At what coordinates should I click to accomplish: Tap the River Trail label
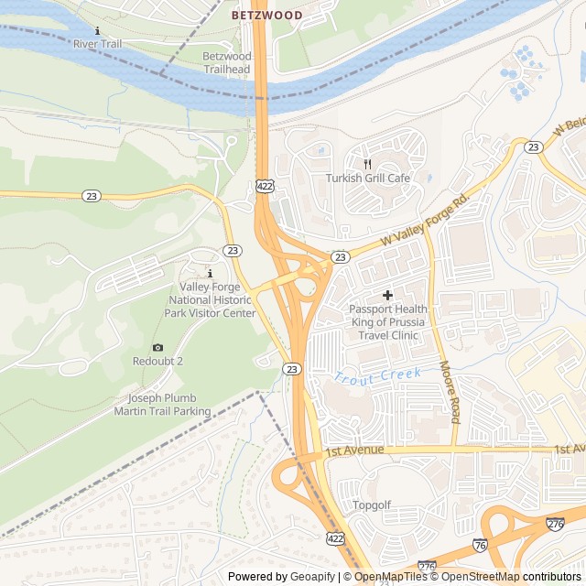(98, 43)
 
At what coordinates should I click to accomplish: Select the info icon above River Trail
(98, 30)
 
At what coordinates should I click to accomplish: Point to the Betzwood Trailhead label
(226, 62)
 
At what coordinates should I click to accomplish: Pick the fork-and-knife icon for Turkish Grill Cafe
(367, 164)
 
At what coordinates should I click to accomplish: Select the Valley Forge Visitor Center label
(210, 299)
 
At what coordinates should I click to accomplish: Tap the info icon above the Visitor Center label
(210, 274)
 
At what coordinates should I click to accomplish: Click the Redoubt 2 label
(157, 361)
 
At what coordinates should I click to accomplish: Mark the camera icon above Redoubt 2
(157, 347)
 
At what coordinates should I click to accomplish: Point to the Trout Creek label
(377, 375)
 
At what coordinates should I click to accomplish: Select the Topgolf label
(372, 505)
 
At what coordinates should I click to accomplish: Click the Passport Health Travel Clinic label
(387, 322)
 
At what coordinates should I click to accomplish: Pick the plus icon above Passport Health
(387, 295)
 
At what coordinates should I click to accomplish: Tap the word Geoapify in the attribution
(312, 577)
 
